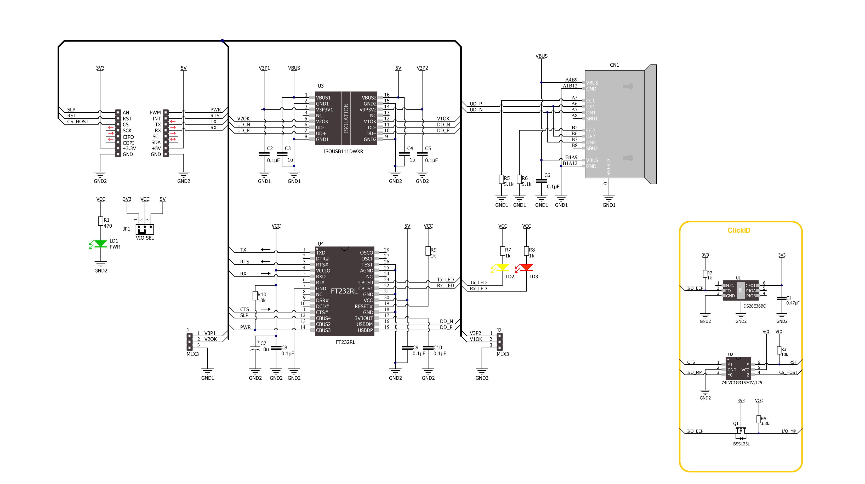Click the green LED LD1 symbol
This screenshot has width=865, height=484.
click(100, 244)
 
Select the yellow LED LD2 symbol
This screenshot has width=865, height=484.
click(502, 268)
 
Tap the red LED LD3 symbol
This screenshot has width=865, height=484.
click(526, 268)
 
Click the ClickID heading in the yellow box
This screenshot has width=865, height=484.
click(739, 230)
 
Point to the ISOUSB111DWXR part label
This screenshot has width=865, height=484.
click(343, 151)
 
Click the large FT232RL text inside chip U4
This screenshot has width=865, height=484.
click(344, 291)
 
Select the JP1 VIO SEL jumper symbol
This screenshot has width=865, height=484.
click(145, 229)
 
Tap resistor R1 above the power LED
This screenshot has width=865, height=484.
click(100, 221)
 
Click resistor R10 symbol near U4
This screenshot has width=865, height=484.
click(255, 296)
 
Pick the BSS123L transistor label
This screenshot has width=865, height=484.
click(741, 444)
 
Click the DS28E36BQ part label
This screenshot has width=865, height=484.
click(755, 306)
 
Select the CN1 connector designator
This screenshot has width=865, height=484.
click(614, 65)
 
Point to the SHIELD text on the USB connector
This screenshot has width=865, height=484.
click(608, 167)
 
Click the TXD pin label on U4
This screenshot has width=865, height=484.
click(320, 253)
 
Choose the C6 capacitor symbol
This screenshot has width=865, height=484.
click(541, 181)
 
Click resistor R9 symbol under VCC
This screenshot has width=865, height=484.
click(428, 251)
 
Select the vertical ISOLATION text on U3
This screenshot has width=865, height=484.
click(346, 118)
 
